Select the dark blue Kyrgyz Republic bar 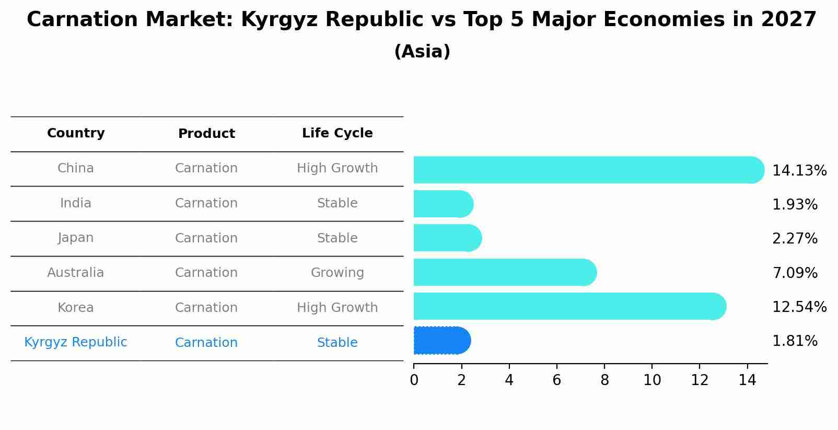(441, 341)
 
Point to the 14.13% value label (799, 171)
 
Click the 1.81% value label (794, 341)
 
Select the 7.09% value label (794, 273)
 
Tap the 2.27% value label (794, 239)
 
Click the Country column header (76, 133)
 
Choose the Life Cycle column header (337, 133)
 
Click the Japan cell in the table (76, 238)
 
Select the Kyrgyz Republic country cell (76, 342)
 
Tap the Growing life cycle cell (337, 273)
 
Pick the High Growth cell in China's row (337, 168)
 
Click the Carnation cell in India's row (206, 203)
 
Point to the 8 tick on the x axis (604, 380)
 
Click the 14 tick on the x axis (747, 380)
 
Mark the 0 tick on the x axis (414, 380)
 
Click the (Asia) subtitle (422, 52)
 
